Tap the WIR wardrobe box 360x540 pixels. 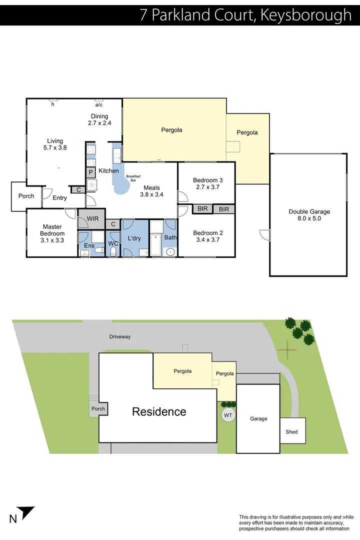(92, 219)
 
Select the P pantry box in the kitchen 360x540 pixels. (91, 172)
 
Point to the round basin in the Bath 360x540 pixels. (170, 251)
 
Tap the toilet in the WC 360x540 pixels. (113, 250)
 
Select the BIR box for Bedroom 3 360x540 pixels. (202, 209)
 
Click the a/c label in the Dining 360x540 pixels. (99, 105)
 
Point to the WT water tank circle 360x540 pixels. (228, 415)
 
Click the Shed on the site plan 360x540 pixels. (291, 431)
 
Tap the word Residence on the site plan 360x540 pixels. (159, 412)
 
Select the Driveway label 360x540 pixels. (120, 336)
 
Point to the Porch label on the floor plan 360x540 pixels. (26, 196)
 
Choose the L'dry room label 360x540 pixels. (134, 238)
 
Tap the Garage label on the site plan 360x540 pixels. (258, 418)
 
